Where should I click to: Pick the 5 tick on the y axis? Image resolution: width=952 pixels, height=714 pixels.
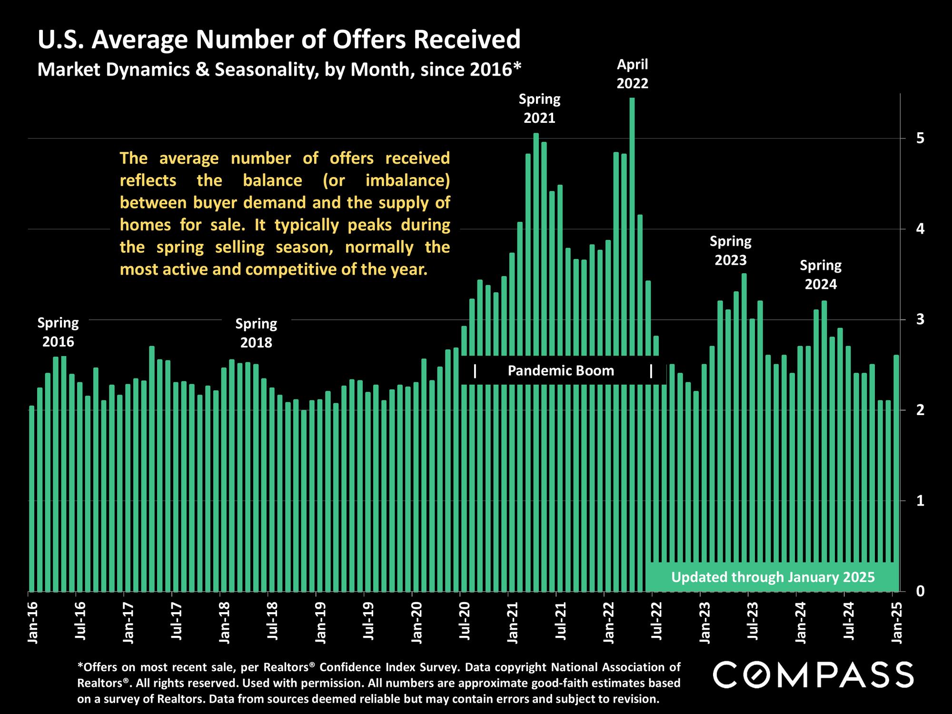click(x=920, y=139)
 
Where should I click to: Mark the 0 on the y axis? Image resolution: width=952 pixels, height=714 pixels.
click(x=920, y=591)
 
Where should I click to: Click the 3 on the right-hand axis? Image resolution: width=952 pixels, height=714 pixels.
click(x=920, y=319)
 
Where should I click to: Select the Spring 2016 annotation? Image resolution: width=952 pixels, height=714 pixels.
click(x=58, y=332)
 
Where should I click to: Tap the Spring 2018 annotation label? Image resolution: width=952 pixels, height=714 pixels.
click(x=256, y=333)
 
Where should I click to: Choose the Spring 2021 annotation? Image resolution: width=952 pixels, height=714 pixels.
click(x=539, y=109)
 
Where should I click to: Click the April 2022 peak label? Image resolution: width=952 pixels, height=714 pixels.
click(x=632, y=74)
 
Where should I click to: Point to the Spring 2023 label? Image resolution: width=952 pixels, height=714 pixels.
click(x=731, y=251)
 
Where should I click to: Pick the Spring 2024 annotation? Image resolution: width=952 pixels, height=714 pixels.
click(x=821, y=275)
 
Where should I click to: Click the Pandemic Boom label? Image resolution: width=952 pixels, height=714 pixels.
click(x=561, y=371)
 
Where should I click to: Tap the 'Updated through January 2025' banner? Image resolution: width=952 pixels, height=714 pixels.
click(x=773, y=577)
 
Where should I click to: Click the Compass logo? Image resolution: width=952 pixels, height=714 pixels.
click(x=813, y=674)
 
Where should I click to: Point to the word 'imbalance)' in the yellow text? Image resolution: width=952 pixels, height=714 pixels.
click(x=407, y=181)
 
